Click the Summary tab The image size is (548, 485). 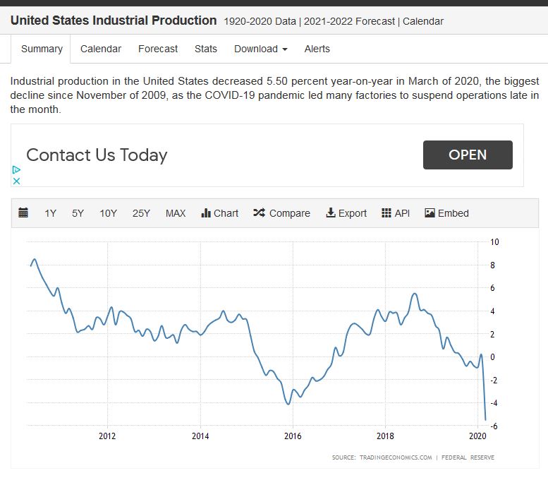coord(42,49)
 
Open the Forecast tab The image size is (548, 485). coord(158,49)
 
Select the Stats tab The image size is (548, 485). coord(206,49)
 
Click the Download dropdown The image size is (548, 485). coord(261,49)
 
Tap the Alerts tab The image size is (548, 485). coord(317,49)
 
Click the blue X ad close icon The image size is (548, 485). coord(16,181)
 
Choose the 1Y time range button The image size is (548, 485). coord(50,213)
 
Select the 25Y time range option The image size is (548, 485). coord(141,213)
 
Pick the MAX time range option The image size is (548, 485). coord(176,213)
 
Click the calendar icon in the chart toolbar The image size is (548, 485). coord(23,212)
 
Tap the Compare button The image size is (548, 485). coord(281,213)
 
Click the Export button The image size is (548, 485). coord(346,213)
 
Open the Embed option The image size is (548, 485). coord(446,213)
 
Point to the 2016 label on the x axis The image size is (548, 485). coord(293,436)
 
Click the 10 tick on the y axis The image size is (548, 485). coord(494,242)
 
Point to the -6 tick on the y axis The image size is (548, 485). coord(494,426)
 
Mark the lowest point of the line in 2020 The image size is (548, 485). coord(485,420)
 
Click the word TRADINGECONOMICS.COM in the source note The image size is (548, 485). coord(396,457)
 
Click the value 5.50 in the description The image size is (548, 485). coord(277,81)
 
